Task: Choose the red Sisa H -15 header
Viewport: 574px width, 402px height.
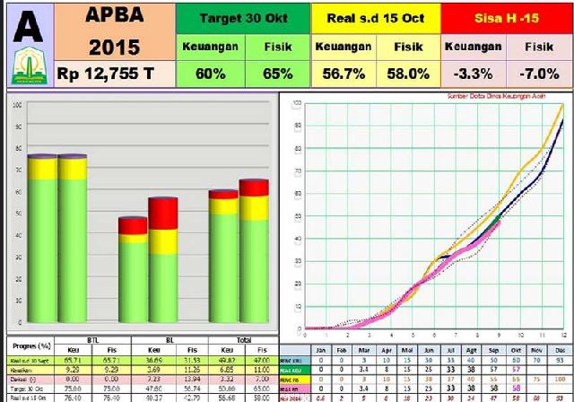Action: click(506, 17)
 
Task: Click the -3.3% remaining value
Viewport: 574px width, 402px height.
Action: click(472, 74)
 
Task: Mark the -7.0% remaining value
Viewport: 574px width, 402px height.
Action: click(539, 74)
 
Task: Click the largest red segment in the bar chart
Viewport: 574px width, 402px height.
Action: click(162, 214)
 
